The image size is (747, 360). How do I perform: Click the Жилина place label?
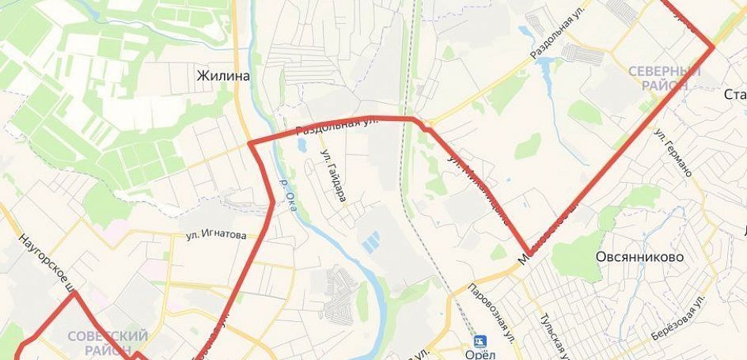[223, 76]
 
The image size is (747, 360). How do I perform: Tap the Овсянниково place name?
[641, 257]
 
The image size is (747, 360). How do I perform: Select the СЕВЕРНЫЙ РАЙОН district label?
[665, 78]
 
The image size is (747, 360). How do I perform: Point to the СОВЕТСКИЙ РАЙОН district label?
[108, 343]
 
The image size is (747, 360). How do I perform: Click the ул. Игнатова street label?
[216, 235]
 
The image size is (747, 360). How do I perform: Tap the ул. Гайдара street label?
[332, 175]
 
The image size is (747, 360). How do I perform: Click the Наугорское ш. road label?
[46, 260]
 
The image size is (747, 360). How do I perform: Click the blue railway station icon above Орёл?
[480, 341]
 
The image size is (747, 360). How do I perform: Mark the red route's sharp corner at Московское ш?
[528, 252]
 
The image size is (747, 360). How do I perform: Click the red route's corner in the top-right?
[713, 47]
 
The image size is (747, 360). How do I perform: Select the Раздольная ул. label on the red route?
[336, 124]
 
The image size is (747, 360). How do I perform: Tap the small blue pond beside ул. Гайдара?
[301, 146]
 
